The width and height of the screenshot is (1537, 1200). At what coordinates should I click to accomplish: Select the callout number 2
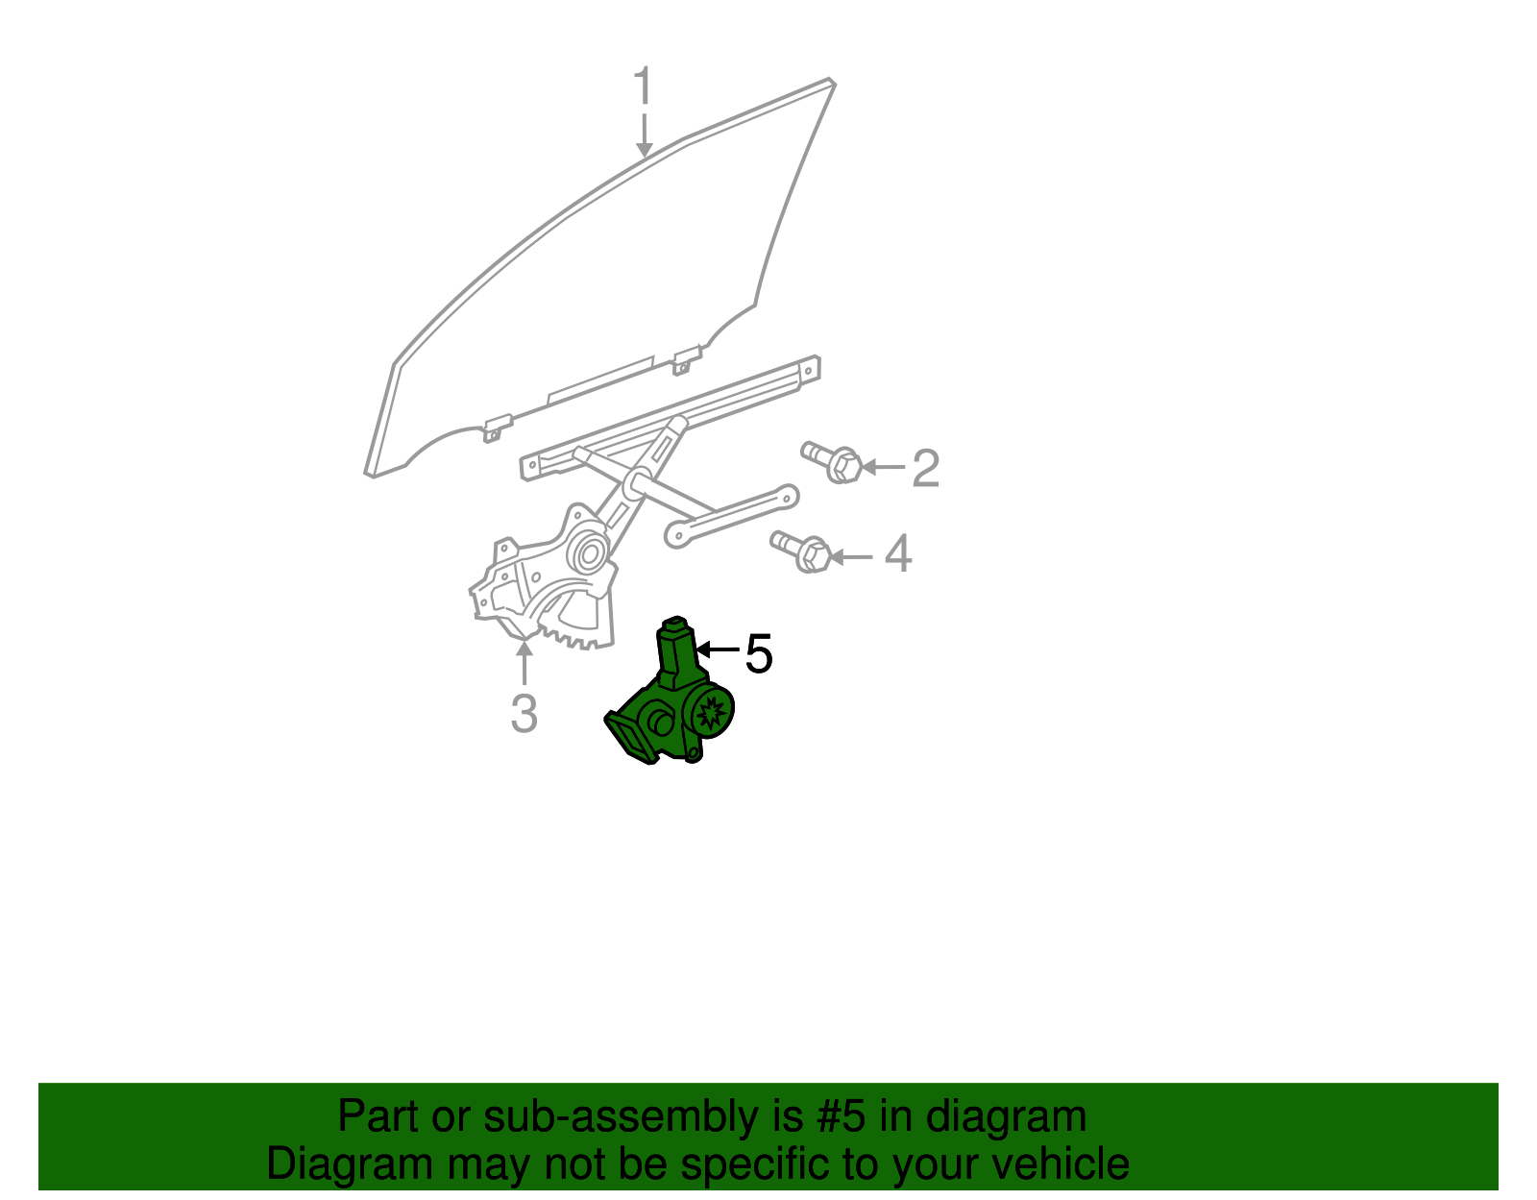pyautogui.click(x=924, y=468)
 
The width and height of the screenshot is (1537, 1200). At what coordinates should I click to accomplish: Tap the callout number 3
pyautogui.click(x=524, y=713)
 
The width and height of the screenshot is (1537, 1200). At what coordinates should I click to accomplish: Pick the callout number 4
pyautogui.click(x=897, y=554)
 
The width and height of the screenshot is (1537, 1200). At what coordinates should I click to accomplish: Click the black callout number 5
pyautogui.click(x=759, y=654)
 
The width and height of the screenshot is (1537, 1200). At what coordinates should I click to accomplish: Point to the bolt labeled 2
pyautogui.click(x=834, y=462)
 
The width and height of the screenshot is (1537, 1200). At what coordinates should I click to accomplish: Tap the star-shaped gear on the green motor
pyautogui.click(x=712, y=713)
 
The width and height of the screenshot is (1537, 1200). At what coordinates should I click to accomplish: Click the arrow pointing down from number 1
pyautogui.click(x=644, y=135)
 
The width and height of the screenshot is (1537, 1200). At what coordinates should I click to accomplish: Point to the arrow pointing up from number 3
pyautogui.click(x=524, y=663)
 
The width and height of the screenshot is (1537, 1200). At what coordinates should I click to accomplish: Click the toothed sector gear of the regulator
pyautogui.click(x=576, y=629)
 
